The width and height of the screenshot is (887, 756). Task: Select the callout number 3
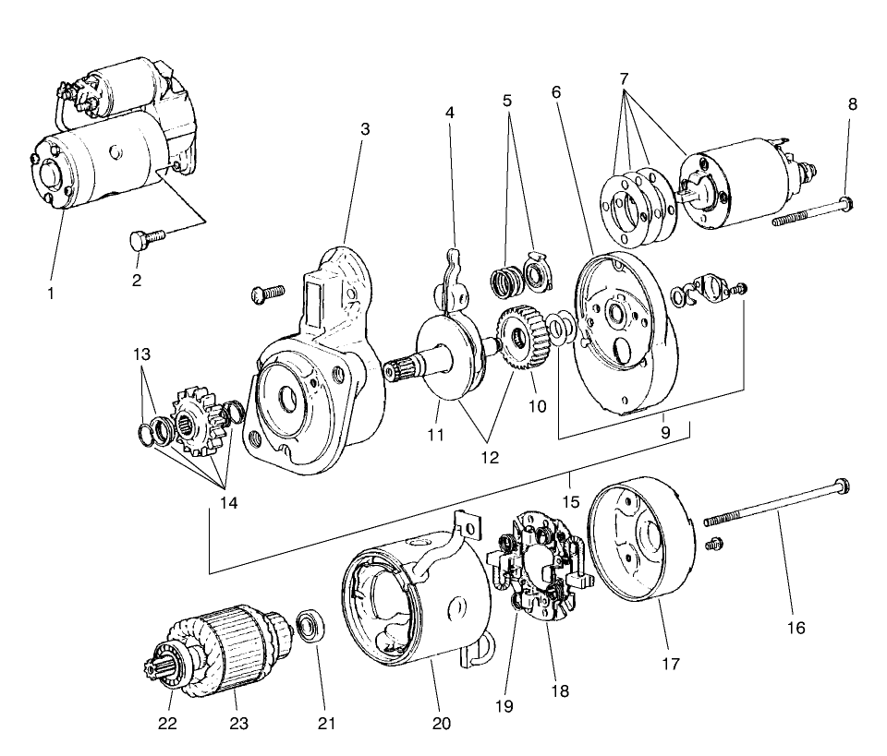pos(365,129)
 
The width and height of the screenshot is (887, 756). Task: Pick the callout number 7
pos(626,78)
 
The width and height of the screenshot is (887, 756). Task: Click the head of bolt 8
pos(847,201)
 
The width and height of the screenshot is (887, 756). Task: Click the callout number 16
pos(796,628)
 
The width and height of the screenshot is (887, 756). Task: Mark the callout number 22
pos(167,723)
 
